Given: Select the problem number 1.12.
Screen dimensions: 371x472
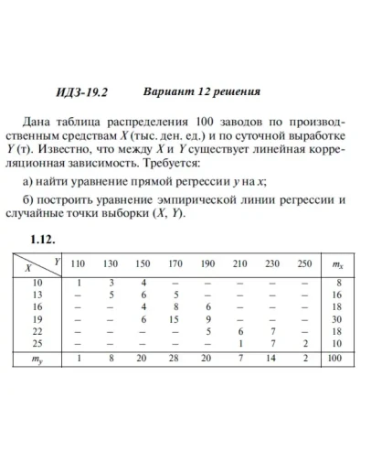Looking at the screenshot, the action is (44, 240).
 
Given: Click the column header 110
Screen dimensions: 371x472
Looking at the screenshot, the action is (78, 264).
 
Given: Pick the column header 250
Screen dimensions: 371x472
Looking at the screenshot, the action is (304, 264).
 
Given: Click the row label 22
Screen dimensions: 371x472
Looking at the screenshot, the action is (37, 330).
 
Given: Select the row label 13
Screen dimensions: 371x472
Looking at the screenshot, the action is (37, 295).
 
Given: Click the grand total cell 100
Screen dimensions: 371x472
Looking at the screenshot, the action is (335, 359).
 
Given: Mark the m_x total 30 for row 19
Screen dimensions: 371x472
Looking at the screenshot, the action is (335, 318).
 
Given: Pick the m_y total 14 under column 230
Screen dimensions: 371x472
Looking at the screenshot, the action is (272, 359).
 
